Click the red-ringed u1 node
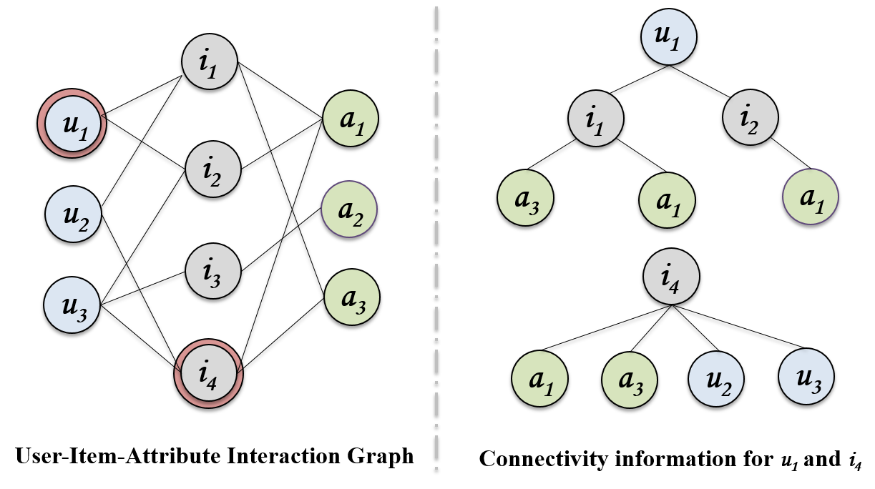[72, 124]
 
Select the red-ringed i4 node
[209, 372]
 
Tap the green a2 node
[349, 209]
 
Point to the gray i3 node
[213, 272]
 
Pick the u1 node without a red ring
[669, 37]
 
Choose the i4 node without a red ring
[671, 276]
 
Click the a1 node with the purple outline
[811, 197]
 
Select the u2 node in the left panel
[74, 214]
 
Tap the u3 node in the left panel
[72, 305]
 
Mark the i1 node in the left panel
[210, 61]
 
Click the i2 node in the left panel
[213, 169]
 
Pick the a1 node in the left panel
[351, 119]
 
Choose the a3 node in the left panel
[352, 297]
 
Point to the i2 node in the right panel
[751, 117]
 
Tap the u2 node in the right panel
[716, 378]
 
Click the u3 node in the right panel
[806, 377]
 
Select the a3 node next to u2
[630, 380]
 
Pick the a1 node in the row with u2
[540, 379]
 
